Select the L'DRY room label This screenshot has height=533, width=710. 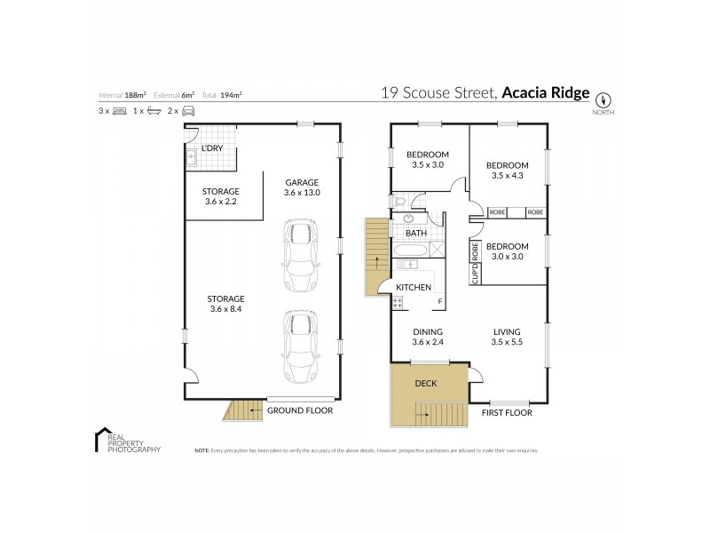[x=211, y=147]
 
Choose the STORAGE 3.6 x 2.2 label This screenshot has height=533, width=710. [x=221, y=196]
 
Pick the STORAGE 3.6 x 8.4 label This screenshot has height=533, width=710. [x=226, y=304]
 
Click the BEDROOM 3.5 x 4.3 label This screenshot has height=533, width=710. [x=509, y=171]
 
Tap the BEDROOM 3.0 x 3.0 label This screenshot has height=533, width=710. [x=507, y=251]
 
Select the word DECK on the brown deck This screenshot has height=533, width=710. [x=426, y=386]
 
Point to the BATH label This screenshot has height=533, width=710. [x=415, y=234]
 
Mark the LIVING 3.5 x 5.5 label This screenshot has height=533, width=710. [x=507, y=339]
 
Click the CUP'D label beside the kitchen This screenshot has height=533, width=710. [x=476, y=274]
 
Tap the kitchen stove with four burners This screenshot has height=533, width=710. [x=398, y=303]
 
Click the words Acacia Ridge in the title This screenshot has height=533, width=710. [x=545, y=93]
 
